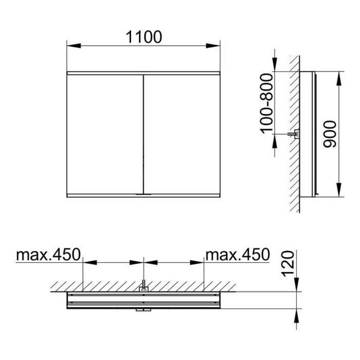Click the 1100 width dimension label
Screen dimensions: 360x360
[144, 37]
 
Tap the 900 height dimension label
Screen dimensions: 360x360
[330, 134]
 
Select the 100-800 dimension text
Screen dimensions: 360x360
[267, 103]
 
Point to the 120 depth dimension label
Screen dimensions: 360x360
[287, 263]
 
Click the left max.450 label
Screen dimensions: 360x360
[48, 255]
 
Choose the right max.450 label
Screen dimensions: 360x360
[238, 255]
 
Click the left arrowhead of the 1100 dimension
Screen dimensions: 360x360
[74, 46]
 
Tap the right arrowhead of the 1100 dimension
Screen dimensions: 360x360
[213, 46]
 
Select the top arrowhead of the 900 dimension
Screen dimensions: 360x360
[339, 79]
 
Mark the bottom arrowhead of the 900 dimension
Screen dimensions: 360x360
[339, 190]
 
